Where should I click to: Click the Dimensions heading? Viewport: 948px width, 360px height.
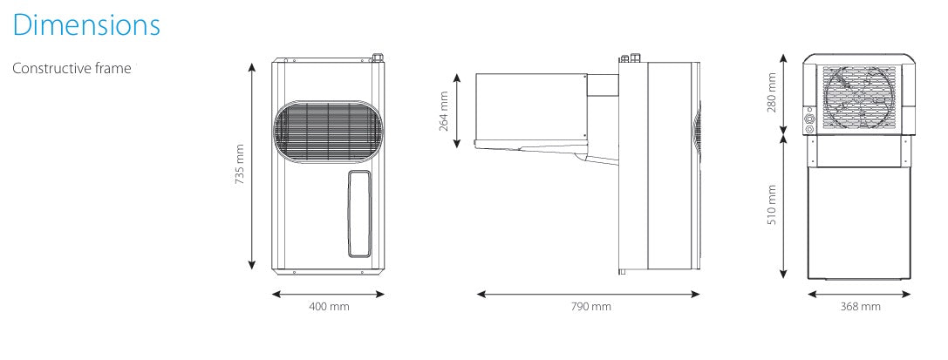(x=86, y=24)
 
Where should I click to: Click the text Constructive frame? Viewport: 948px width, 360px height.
(x=72, y=68)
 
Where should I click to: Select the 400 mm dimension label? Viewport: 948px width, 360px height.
(x=330, y=306)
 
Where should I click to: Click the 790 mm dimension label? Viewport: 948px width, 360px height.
(x=590, y=306)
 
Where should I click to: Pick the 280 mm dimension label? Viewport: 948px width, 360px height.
(x=772, y=92)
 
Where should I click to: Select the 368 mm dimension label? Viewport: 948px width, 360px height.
(x=860, y=306)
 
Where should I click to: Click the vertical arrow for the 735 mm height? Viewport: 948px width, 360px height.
(x=253, y=165)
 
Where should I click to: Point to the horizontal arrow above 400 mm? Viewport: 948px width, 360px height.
(x=329, y=294)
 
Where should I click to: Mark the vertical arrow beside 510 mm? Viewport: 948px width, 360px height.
(x=785, y=210)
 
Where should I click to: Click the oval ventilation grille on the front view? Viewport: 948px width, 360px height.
(x=329, y=132)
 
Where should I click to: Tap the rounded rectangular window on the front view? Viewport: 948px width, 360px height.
(x=358, y=214)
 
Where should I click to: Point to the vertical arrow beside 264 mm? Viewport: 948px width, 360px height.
(x=457, y=111)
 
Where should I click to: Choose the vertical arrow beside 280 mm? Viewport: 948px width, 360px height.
(x=785, y=93)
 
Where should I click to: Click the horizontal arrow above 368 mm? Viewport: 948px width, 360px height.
(x=860, y=294)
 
